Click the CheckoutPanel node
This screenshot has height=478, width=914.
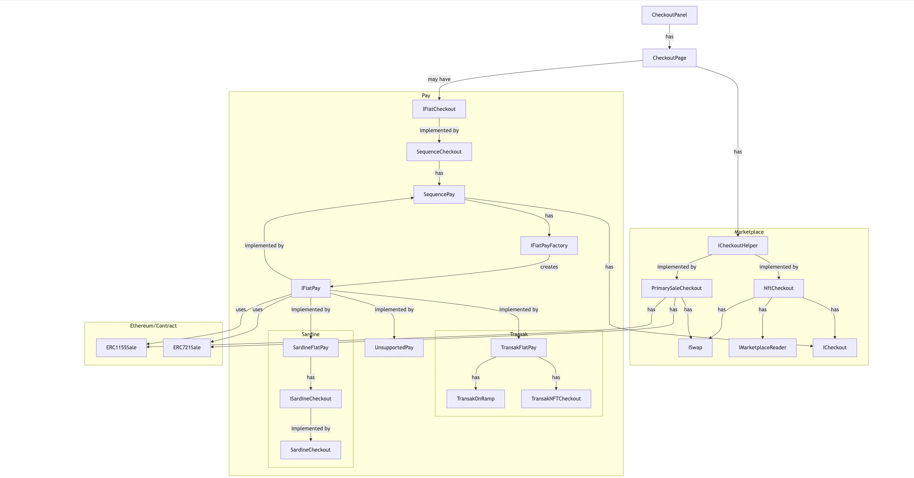click(x=669, y=15)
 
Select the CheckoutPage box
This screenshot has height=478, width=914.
click(x=669, y=58)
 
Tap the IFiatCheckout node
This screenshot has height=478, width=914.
click(x=439, y=109)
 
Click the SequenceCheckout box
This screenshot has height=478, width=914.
click(x=439, y=152)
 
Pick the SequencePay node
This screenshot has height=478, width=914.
click(x=439, y=194)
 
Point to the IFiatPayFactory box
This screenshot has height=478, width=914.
click(x=549, y=245)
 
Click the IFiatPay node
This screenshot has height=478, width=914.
click(x=310, y=288)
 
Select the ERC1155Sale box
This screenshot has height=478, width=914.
click(x=121, y=347)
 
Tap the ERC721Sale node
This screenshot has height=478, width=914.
click(x=187, y=347)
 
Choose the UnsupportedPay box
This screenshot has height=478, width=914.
click(x=394, y=347)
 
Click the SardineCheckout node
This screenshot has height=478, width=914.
click(x=310, y=450)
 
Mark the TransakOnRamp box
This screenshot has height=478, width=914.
click(x=475, y=399)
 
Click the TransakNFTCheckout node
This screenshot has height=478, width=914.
click(x=556, y=399)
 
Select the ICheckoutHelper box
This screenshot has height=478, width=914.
click(x=737, y=245)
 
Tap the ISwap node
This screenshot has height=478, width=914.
click(x=695, y=347)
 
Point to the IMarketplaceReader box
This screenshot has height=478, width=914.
click(x=762, y=347)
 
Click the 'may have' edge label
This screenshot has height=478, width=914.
click(x=439, y=79)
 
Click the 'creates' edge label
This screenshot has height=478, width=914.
click(x=549, y=267)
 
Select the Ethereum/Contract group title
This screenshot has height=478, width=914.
click(x=153, y=326)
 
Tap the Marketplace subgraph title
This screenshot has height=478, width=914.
click(x=749, y=232)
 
